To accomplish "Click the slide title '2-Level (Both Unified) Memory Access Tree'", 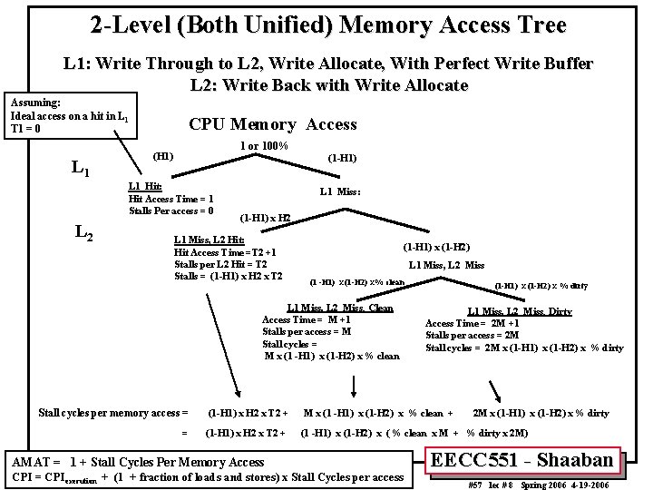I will click(x=328, y=24).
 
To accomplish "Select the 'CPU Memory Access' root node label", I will click(x=272, y=124).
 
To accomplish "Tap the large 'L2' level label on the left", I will click(x=83, y=234).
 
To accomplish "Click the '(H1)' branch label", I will click(x=163, y=156).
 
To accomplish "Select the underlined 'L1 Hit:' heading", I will click(x=145, y=187).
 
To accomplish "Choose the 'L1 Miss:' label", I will click(x=340, y=191).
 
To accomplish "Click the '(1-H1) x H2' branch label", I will click(x=265, y=218).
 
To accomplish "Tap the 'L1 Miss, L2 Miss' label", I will click(x=446, y=265).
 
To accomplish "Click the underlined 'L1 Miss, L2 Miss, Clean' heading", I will click(x=340, y=309).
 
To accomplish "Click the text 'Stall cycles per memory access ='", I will click(x=113, y=414).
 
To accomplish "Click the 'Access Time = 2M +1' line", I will click(x=473, y=324).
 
